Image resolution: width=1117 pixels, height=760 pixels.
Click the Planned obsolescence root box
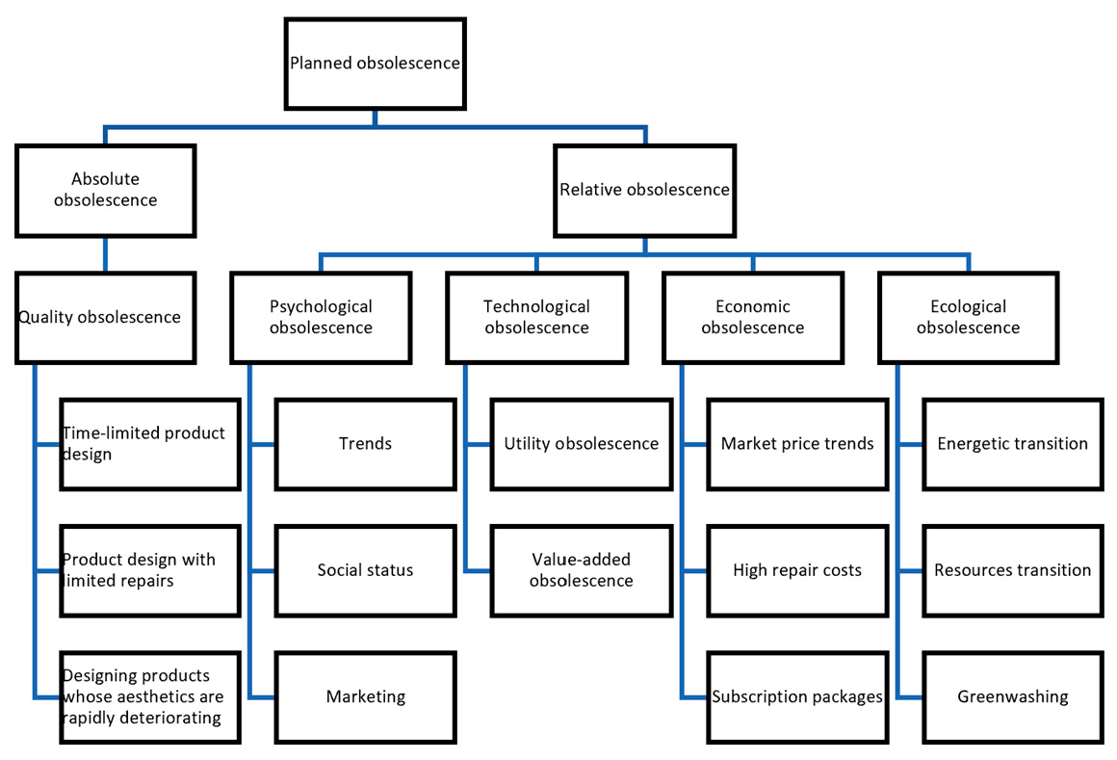[376, 64]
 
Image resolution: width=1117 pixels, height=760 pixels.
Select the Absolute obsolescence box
[105, 190]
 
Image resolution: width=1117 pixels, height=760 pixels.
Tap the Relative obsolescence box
[644, 190]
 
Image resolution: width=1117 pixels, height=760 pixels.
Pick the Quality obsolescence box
[105, 317]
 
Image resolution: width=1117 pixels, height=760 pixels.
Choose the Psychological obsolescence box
[321, 317]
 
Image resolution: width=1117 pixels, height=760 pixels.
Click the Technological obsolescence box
[536, 317]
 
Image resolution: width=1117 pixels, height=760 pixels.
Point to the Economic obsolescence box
[752, 317]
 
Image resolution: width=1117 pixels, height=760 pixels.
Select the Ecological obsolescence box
[968, 317]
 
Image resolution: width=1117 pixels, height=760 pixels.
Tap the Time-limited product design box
[149, 443]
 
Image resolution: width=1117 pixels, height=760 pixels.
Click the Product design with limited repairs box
[149, 570]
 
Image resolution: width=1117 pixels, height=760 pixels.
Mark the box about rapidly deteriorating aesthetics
[149, 696]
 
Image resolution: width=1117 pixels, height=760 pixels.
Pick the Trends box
[365, 443]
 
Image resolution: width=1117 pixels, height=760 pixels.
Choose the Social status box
[365, 570]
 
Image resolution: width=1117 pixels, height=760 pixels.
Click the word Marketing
[365, 696]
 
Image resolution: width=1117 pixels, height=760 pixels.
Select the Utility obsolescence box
[581, 443]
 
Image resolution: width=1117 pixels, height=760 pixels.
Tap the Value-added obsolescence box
[581, 570]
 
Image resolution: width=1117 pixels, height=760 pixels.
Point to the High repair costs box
[797, 570]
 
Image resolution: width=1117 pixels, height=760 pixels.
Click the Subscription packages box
[797, 696]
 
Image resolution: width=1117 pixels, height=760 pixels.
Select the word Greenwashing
[1012, 696]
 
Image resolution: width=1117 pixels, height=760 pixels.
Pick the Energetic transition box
[1012, 443]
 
